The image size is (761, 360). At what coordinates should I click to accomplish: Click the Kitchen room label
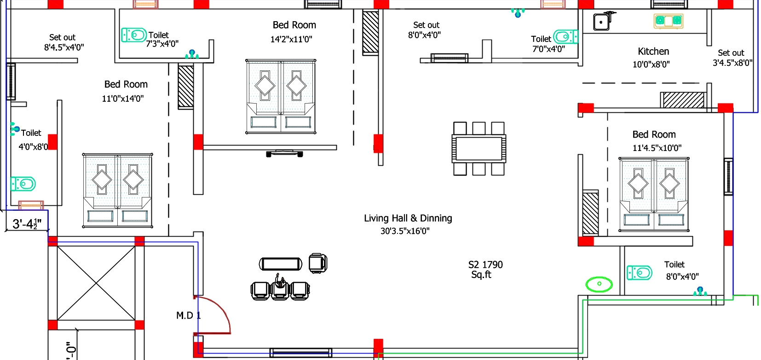pos(653,52)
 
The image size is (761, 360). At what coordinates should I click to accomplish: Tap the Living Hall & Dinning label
pos(408,218)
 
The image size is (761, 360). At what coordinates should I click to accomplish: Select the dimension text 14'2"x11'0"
pos(291,40)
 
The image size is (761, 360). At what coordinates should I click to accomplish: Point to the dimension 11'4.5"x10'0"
pos(657,148)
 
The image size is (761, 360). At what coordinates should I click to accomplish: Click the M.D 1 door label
pos(189,315)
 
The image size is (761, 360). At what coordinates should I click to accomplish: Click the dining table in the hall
pos(479,149)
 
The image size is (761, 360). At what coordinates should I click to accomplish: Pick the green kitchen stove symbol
pos(668,21)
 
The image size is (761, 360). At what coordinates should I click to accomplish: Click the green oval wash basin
pos(599,284)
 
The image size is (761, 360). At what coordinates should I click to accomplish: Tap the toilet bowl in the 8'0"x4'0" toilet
pos(639,273)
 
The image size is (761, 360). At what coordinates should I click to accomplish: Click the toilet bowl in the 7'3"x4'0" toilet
pos(134,35)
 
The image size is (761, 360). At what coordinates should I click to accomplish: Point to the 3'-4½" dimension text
pos(27,224)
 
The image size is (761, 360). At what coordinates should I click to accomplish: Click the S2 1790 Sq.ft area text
pos(485,270)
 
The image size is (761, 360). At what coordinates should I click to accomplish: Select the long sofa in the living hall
pos(281,264)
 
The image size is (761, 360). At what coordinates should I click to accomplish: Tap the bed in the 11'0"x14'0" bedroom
pos(117,191)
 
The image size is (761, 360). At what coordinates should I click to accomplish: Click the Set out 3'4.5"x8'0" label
pos(732,58)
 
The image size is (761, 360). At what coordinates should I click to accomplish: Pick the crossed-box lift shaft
pos(96,283)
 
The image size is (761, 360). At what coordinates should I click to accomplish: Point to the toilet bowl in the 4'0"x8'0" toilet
pos(23,184)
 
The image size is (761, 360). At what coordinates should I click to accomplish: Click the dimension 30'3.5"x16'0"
pos(405,231)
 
